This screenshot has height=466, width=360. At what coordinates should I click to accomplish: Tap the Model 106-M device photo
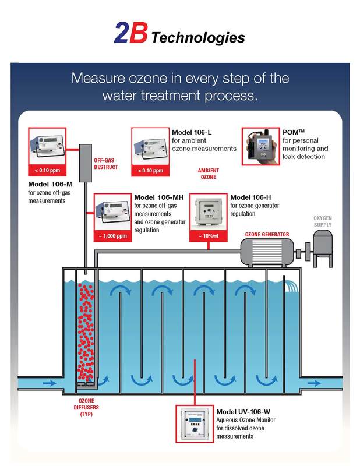(48, 149)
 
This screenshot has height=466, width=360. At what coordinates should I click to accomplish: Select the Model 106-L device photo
(150, 149)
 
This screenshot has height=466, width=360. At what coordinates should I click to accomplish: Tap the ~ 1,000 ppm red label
(112, 236)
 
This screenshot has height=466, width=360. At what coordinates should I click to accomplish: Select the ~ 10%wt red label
(208, 236)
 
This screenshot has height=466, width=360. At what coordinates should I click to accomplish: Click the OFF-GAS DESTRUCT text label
(106, 164)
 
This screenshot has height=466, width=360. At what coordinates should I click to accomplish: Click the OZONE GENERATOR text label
(267, 235)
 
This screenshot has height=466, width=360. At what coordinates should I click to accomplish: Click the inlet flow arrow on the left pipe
(50, 383)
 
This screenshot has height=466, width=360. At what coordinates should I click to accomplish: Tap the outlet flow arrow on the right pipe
(313, 383)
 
